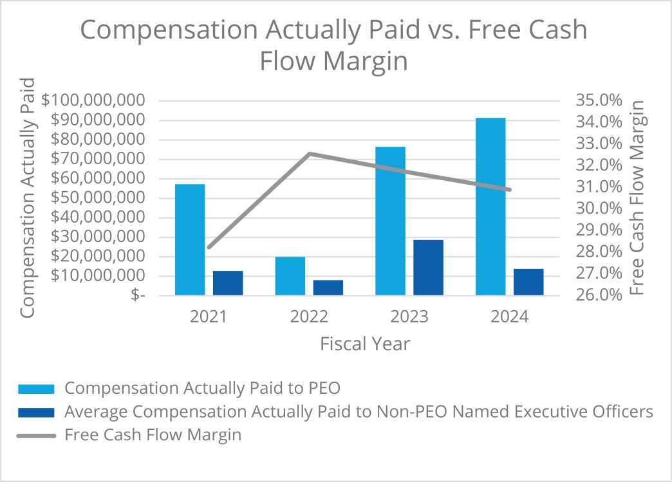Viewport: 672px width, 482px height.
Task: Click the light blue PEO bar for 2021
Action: [190, 239]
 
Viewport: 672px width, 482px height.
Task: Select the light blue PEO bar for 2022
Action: [290, 276]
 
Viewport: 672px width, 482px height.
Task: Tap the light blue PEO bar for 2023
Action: [390, 221]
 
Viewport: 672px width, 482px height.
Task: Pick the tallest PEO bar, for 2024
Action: [490, 207]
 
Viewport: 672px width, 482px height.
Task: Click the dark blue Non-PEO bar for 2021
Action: [228, 283]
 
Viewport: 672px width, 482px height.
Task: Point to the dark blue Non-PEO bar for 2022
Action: [328, 288]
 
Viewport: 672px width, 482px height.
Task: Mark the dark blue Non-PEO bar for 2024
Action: [528, 282]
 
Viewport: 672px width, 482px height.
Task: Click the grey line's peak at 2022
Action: [310, 153]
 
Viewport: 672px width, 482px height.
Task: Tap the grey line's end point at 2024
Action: [509, 190]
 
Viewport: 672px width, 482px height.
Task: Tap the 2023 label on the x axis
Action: [409, 317]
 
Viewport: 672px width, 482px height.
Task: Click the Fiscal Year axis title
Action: [365, 344]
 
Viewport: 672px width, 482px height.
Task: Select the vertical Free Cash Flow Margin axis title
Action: [637, 198]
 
